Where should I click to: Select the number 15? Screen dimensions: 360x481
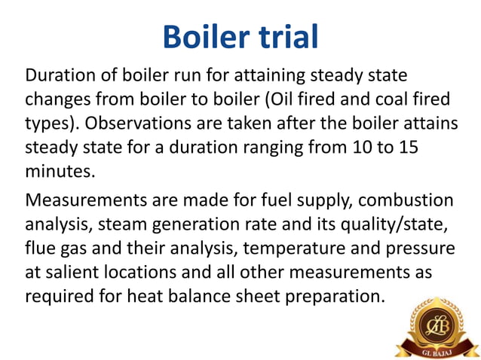click(x=407, y=148)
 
